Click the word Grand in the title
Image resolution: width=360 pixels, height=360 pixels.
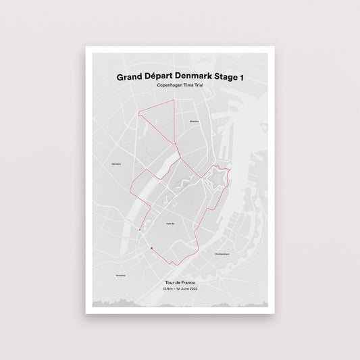[130, 78]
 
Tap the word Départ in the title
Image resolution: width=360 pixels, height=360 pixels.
[161, 78]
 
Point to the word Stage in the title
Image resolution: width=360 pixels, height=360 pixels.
[230, 78]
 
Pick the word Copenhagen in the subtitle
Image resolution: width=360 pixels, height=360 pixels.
[170, 88]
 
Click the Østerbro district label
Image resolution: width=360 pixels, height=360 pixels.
[195, 121]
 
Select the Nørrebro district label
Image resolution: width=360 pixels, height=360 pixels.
[116, 163]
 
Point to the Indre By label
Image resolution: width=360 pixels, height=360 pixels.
[170, 224]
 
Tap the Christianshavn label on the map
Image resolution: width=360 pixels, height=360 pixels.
[222, 254]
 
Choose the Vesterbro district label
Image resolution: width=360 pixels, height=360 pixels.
[121, 276]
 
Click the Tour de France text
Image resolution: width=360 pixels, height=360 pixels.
[180, 282]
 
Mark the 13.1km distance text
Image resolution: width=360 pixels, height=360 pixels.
[167, 289]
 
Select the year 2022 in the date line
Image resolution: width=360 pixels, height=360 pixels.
[193, 289]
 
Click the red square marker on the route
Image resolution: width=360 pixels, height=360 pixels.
[152, 249]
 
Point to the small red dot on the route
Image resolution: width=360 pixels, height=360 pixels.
[139, 230]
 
